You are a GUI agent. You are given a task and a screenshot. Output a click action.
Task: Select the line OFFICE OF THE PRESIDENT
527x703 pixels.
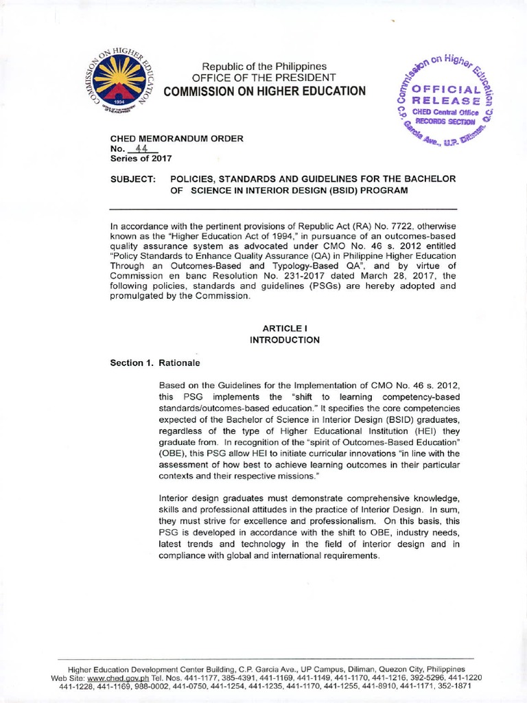tap(263, 78)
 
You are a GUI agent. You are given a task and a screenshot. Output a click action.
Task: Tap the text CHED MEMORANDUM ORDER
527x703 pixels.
tap(177, 138)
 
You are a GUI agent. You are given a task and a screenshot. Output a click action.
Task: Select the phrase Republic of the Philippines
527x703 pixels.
tap(263, 65)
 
